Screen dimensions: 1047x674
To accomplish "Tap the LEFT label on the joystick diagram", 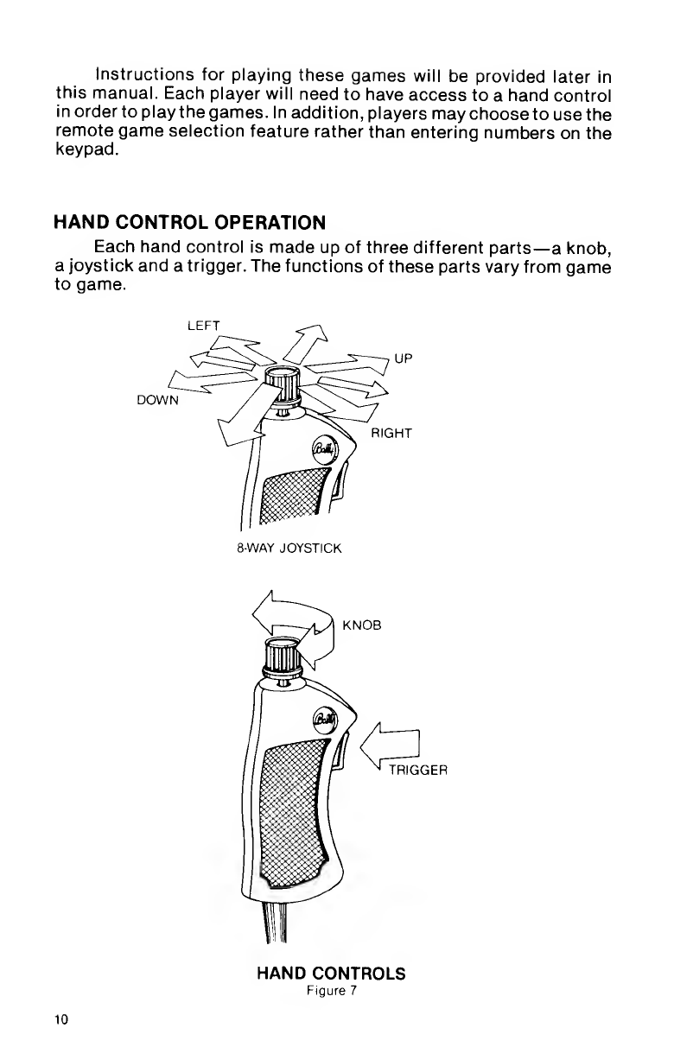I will [201, 324].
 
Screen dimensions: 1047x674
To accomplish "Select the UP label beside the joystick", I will [404, 355].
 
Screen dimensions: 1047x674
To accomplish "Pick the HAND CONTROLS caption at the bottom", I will [332, 974].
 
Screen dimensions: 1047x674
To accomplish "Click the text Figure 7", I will [331, 990].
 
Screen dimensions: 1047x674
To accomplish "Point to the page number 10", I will [60, 1019].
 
